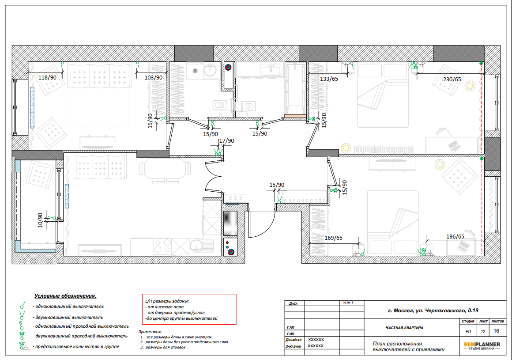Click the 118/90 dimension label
(x=47, y=78)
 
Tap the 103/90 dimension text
(x=154, y=78)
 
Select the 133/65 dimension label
(x=329, y=79)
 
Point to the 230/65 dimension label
(x=452, y=80)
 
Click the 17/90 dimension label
(x=226, y=141)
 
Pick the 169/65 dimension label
(x=333, y=238)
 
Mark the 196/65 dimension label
(x=455, y=236)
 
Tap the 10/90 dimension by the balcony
(x=40, y=220)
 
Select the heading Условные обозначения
(x=65, y=296)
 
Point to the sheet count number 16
(x=496, y=331)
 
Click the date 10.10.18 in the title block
(x=348, y=303)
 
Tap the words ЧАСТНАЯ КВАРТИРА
(x=404, y=328)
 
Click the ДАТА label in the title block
(x=293, y=303)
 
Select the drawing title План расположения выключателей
(x=408, y=347)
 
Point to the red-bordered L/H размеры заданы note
(x=189, y=309)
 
